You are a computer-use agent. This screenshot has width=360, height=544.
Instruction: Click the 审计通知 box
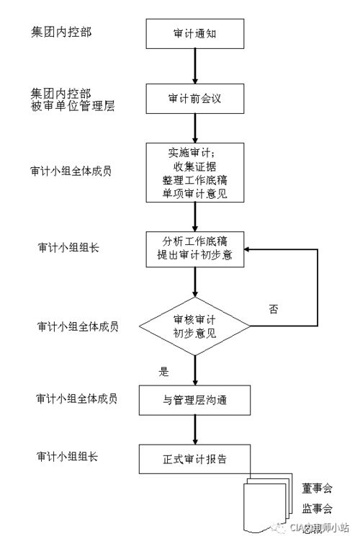195,33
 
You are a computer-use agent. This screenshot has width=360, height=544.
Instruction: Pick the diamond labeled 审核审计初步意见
195,328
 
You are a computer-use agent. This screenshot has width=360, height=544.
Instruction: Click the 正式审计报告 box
195,458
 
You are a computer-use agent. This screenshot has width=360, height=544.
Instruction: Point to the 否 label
274,309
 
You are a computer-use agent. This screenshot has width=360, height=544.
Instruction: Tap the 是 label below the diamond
163,372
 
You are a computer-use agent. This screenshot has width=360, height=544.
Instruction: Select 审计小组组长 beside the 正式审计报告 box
68,457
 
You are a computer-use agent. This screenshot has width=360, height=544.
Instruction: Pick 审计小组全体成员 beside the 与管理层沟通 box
77,398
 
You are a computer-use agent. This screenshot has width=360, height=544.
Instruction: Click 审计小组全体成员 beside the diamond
77,326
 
